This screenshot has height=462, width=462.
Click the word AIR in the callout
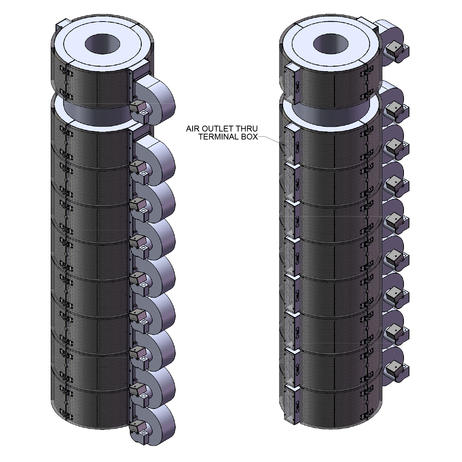[x=194, y=129]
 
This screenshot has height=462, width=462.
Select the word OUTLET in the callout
[x=219, y=129]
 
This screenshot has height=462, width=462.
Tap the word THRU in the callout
[x=247, y=129]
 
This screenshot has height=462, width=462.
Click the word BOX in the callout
[x=250, y=137]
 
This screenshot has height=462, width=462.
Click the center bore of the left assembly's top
[x=102, y=44]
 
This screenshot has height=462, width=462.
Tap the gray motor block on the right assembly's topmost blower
[x=394, y=50]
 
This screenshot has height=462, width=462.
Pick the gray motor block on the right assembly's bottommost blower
[x=394, y=369]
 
